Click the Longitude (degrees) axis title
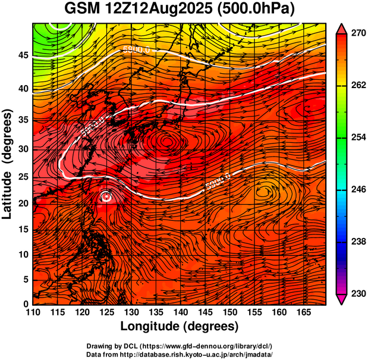coord(180,327)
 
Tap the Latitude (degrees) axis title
coord(8,164)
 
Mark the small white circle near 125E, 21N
coord(106,195)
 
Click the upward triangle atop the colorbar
coord(341,27)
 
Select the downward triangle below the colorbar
coord(341,299)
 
